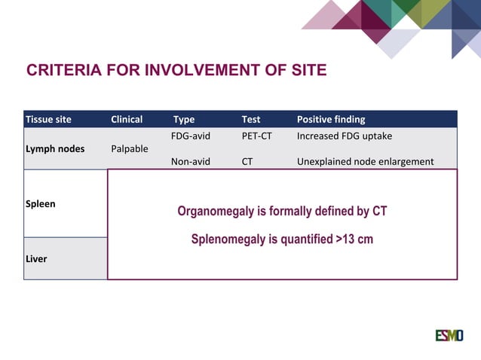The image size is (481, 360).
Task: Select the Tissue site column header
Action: pyautogui.click(x=48, y=119)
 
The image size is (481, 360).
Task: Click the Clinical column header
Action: pyautogui.click(x=127, y=119)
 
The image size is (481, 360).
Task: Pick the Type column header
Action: pyautogui.click(x=184, y=119)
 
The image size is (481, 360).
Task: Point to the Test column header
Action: pyautogui.click(x=251, y=119)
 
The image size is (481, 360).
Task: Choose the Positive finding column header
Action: pyautogui.click(x=331, y=119)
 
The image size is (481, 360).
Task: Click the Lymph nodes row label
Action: pyautogui.click(x=55, y=148)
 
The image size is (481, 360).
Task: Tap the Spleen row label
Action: pyautogui.click(x=41, y=203)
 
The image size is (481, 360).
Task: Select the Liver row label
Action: pyautogui.click(x=36, y=258)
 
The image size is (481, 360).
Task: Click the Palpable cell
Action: pyautogui.click(x=130, y=148)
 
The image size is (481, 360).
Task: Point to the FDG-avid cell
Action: pyautogui.click(x=191, y=136)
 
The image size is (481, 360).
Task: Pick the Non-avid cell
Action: pyautogui.click(x=191, y=161)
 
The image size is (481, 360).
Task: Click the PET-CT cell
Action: pyautogui.click(x=256, y=136)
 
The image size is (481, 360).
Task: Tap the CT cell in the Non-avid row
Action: pyautogui.click(x=247, y=161)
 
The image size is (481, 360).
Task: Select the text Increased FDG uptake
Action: pyautogui.click(x=345, y=136)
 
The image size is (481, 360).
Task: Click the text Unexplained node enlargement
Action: pyautogui.click(x=365, y=161)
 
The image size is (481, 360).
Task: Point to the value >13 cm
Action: pyautogui.click(x=354, y=239)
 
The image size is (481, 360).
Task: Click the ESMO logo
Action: pyautogui.click(x=449, y=335)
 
